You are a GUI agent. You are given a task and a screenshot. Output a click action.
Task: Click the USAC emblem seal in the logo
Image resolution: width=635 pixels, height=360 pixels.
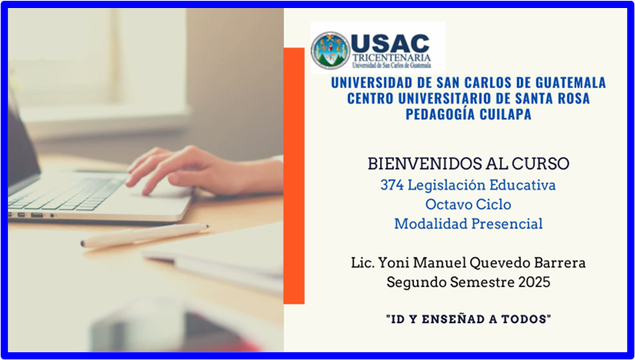[x=330, y=51]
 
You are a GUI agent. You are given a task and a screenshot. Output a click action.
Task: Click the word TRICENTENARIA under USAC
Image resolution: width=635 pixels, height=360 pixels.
[x=391, y=58]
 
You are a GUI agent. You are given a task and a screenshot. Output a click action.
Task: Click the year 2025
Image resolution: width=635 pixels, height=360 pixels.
[x=532, y=281]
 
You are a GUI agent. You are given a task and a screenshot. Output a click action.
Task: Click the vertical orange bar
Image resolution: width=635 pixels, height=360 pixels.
[x=294, y=176]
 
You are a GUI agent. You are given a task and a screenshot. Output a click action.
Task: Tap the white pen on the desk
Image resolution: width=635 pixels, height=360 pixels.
[x=144, y=235]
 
